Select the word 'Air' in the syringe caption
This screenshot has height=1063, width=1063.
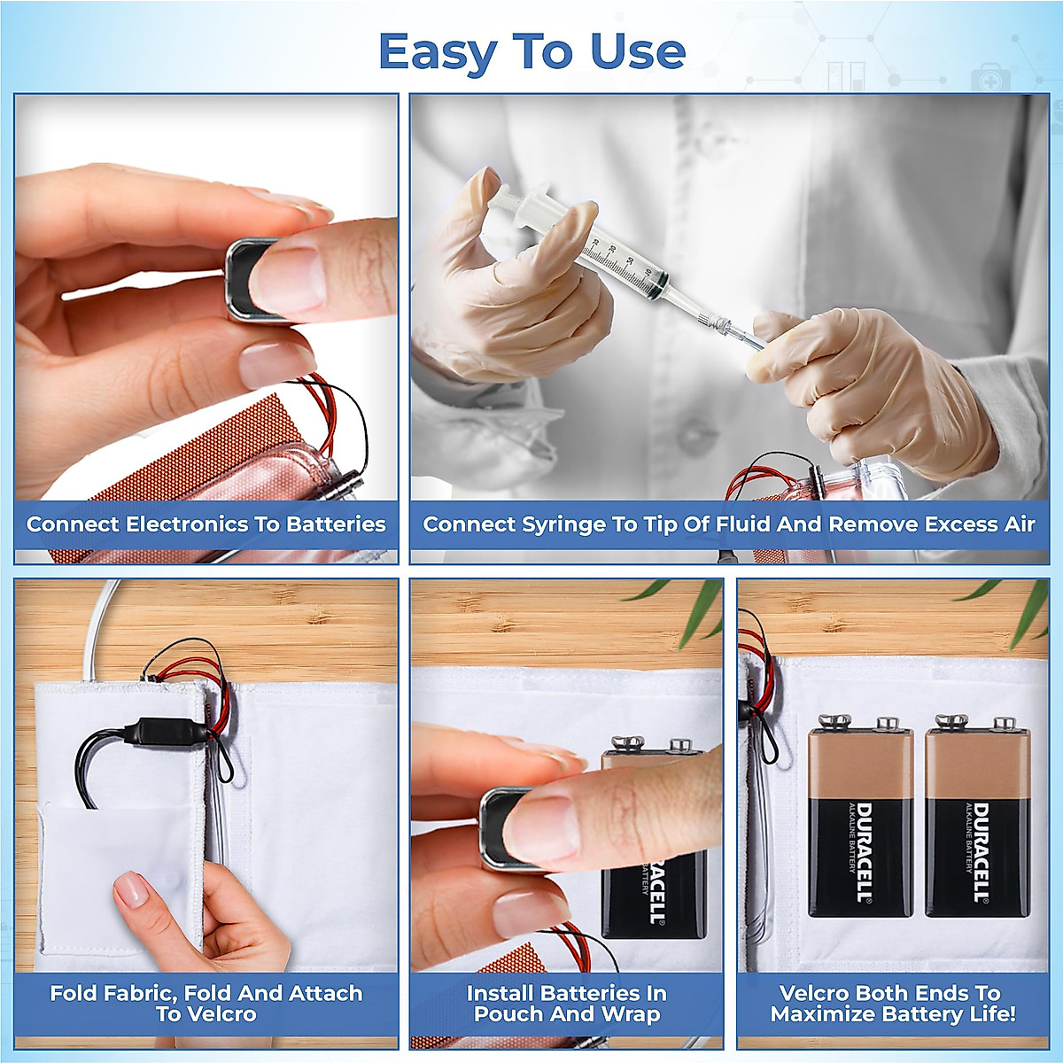(1019, 524)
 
